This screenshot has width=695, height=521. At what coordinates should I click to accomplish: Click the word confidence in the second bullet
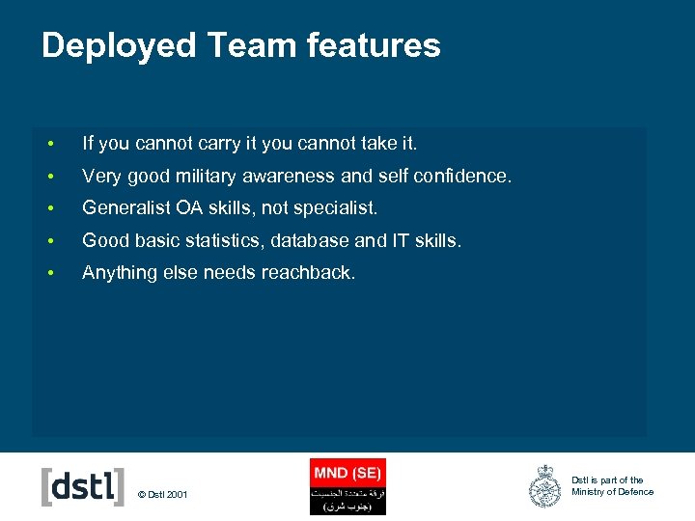(x=464, y=176)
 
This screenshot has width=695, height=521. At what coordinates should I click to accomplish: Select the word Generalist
(x=125, y=207)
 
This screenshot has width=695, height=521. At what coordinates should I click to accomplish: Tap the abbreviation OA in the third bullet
(x=192, y=207)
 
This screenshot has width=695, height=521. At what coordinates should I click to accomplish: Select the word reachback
(x=307, y=273)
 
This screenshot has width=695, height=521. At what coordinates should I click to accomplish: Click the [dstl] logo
(x=83, y=487)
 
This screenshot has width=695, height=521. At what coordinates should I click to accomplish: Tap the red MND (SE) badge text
(x=347, y=473)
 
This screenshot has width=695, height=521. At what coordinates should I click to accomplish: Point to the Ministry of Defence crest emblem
(x=545, y=486)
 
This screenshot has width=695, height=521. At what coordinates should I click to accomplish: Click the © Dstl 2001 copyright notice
(x=163, y=495)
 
